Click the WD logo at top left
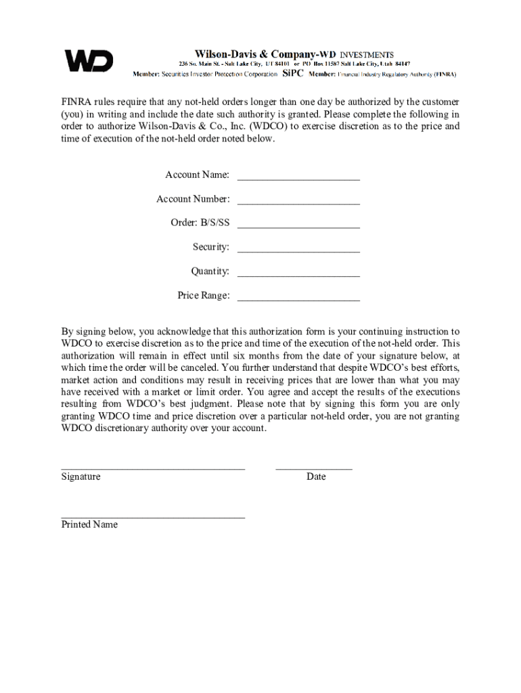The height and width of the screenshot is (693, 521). pyautogui.click(x=89, y=61)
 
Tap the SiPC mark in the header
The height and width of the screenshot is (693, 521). pyautogui.click(x=292, y=73)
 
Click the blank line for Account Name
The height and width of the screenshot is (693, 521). pyautogui.click(x=298, y=179)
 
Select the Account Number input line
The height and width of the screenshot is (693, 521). pyautogui.click(x=298, y=203)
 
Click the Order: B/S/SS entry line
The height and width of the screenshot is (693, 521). pyautogui.click(x=298, y=227)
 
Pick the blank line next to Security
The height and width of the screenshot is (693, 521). pyautogui.click(x=298, y=251)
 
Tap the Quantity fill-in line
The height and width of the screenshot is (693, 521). pyautogui.click(x=298, y=275)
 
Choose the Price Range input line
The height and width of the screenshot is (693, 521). pyautogui.click(x=298, y=299)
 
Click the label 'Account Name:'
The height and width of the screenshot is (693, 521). pyautogui.click(x=197, y=175)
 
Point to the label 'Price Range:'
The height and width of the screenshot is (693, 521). pyautogui.click(x=203, y=296)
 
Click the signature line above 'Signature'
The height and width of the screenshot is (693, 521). pyautogui.click(x=153, y=468)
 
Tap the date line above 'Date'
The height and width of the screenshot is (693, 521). pyautogui.click(x=314, y=468)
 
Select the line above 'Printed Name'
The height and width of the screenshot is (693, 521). pyautogui.click(x=153, y=517)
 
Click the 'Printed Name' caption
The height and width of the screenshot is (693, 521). pyautogui.click(x=89, y=524)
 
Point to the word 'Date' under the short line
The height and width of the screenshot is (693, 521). pyautogui.click(x=316, y=476)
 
